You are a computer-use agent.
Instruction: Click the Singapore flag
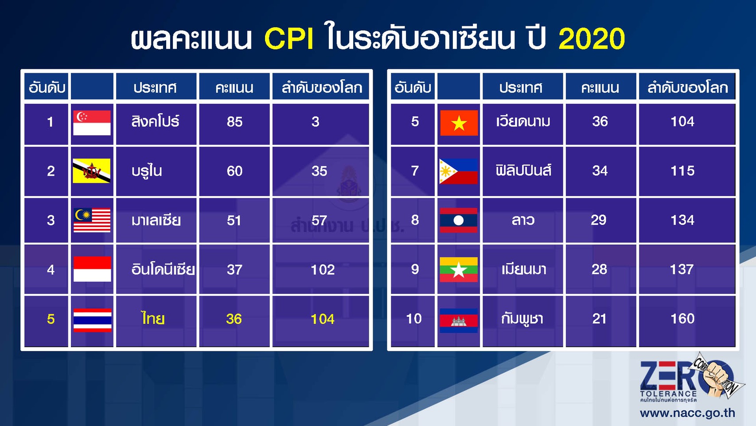point(92,123)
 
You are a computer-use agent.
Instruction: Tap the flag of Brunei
point(91,171)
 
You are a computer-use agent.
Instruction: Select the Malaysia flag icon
point(92,220)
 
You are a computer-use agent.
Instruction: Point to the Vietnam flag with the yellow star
point(459,123)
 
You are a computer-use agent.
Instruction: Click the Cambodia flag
point(458,320)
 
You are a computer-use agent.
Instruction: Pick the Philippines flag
point(458,171)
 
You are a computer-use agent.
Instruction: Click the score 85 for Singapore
point(234,122)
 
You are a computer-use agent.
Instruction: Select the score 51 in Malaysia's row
point(234,221)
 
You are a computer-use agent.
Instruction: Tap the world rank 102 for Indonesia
point(323,270)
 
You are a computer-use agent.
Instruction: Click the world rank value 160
point(682,319)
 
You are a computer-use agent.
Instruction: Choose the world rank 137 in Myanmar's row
point(682,269)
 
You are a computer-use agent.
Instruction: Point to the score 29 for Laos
point(599,220)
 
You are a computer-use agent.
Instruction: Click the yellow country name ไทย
point(153,319)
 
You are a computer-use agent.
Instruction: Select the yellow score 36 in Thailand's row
point(234,319)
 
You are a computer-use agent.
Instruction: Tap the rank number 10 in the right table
point(414,319)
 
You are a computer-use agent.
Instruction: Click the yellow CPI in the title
point(289,39)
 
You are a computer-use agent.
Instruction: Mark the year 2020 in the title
point(592,39)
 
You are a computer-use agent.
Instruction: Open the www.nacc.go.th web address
point(687,413)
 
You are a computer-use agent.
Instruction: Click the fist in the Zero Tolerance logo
point(717,378)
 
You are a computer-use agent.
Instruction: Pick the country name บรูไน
point(147,171)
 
